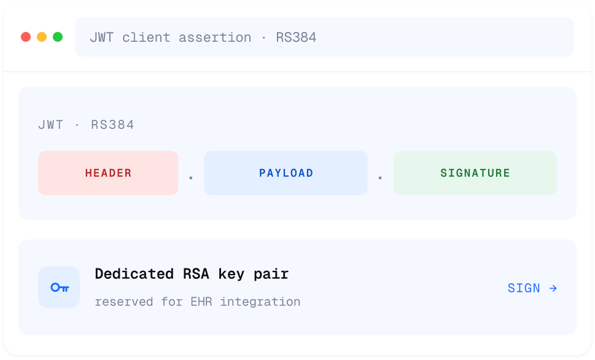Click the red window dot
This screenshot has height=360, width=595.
click(26, 37)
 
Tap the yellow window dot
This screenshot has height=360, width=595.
click(42, 37)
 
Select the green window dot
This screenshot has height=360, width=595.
click(58, 37)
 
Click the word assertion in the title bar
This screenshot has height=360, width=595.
click(215, 37)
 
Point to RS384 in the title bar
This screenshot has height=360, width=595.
click(296, 37)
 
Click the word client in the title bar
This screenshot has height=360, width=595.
click(146, 37)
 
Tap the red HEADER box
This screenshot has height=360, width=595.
click(108, 173)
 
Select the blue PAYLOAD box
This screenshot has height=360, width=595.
click(286, 173)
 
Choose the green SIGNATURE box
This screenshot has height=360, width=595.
click(475, 173)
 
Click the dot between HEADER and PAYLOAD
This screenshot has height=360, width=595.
click(191, 178)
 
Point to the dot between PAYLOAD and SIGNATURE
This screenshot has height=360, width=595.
click(380, 178)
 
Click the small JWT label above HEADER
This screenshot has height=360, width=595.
click(51, 125)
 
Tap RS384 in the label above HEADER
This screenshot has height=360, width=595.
click(112, 125)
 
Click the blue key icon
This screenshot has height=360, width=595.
click(60, 288)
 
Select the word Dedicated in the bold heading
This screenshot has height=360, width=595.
click(134, 274)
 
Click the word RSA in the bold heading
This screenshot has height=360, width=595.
click(196, 274)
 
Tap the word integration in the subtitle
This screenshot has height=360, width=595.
click(260, 302)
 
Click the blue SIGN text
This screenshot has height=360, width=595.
click(524, 288)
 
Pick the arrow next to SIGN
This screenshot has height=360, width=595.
click(553, 288)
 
